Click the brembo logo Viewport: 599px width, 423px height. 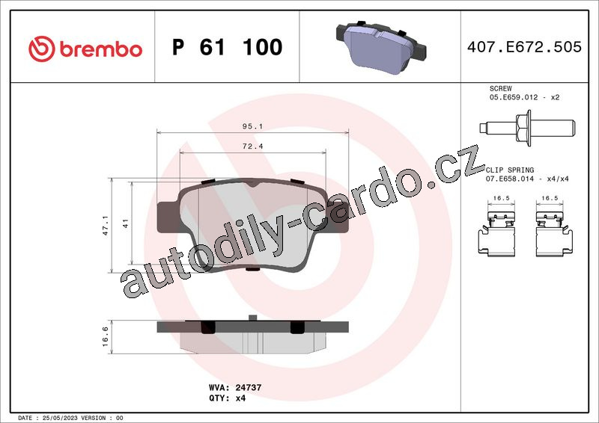pyautogui.click(x=85, y=49)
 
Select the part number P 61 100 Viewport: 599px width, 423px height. pyautogui.click(x=228, y=47)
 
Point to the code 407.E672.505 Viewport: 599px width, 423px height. pyautogui.click(x=524, y=47)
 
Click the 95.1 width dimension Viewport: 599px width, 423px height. pyautogui.click(x=252, y=126)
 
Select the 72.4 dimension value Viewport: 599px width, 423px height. pyautogui.click(x=252, y=146)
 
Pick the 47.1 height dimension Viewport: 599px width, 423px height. pyautogui.click(x=106, y=225)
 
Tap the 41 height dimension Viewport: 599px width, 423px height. pyautogui.click(x=126, y=223)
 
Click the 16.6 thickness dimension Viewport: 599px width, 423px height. pyautogui.click(x=106, y=336)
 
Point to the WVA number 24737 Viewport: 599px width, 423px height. pyautogui.click(x=249, y=388)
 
